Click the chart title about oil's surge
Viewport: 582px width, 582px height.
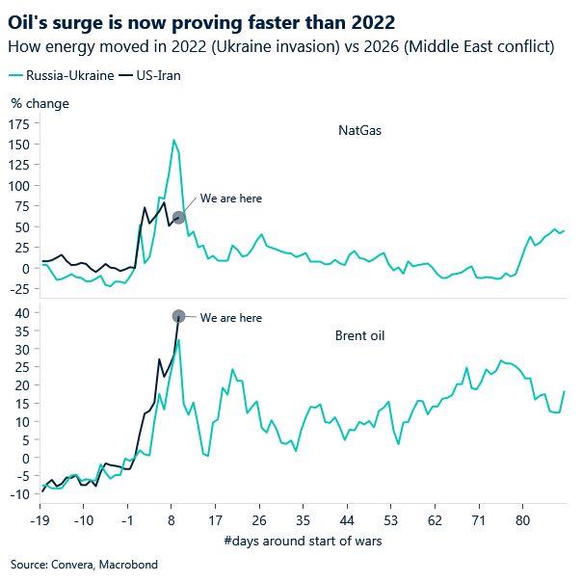201,19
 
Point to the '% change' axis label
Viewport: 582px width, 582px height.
40,103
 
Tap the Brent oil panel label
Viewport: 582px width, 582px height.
358,335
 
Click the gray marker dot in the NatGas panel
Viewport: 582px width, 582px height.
178,217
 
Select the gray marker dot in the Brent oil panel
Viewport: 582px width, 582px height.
178,316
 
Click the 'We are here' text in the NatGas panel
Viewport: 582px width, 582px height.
231,198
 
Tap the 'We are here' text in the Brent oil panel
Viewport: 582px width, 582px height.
231,318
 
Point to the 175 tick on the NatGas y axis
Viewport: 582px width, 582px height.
19,123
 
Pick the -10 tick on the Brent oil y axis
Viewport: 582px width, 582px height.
19,493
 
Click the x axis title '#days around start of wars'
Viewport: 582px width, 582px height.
302,541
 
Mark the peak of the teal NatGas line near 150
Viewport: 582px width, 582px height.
173,140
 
